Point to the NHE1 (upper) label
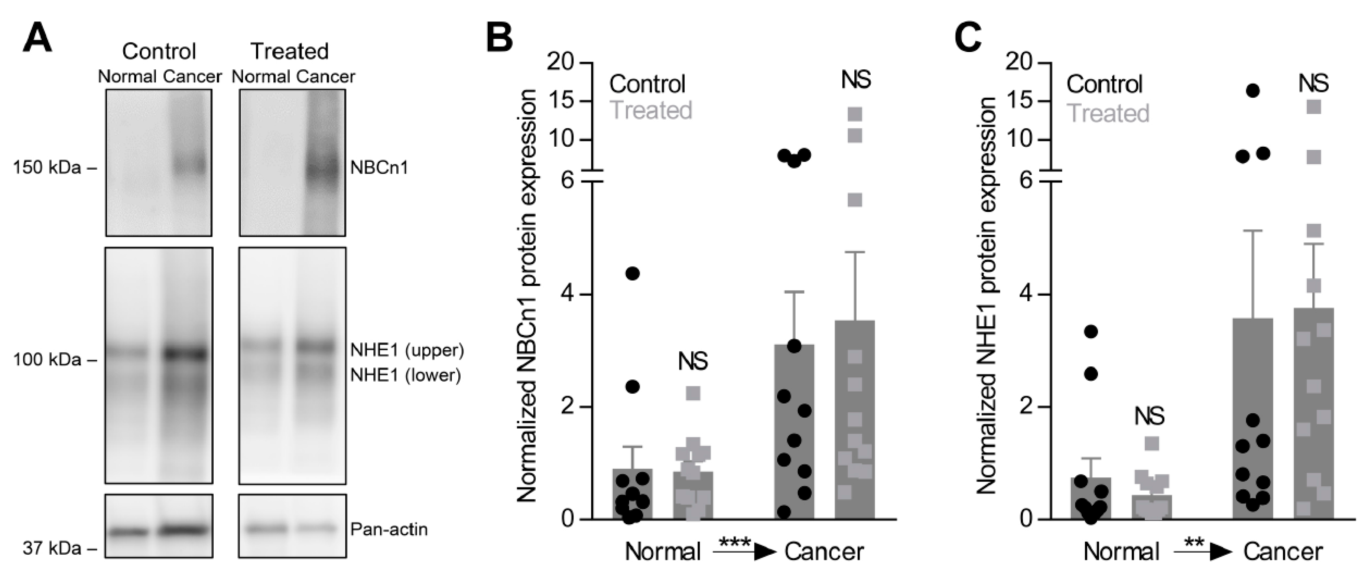[x=407, y=351]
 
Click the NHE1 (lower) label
[x=405, y=376]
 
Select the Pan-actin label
[x=389, y=529]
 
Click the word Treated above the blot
[x=289, y=52]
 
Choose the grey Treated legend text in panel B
[x=651, y=110]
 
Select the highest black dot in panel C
[x=1253, y=91]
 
